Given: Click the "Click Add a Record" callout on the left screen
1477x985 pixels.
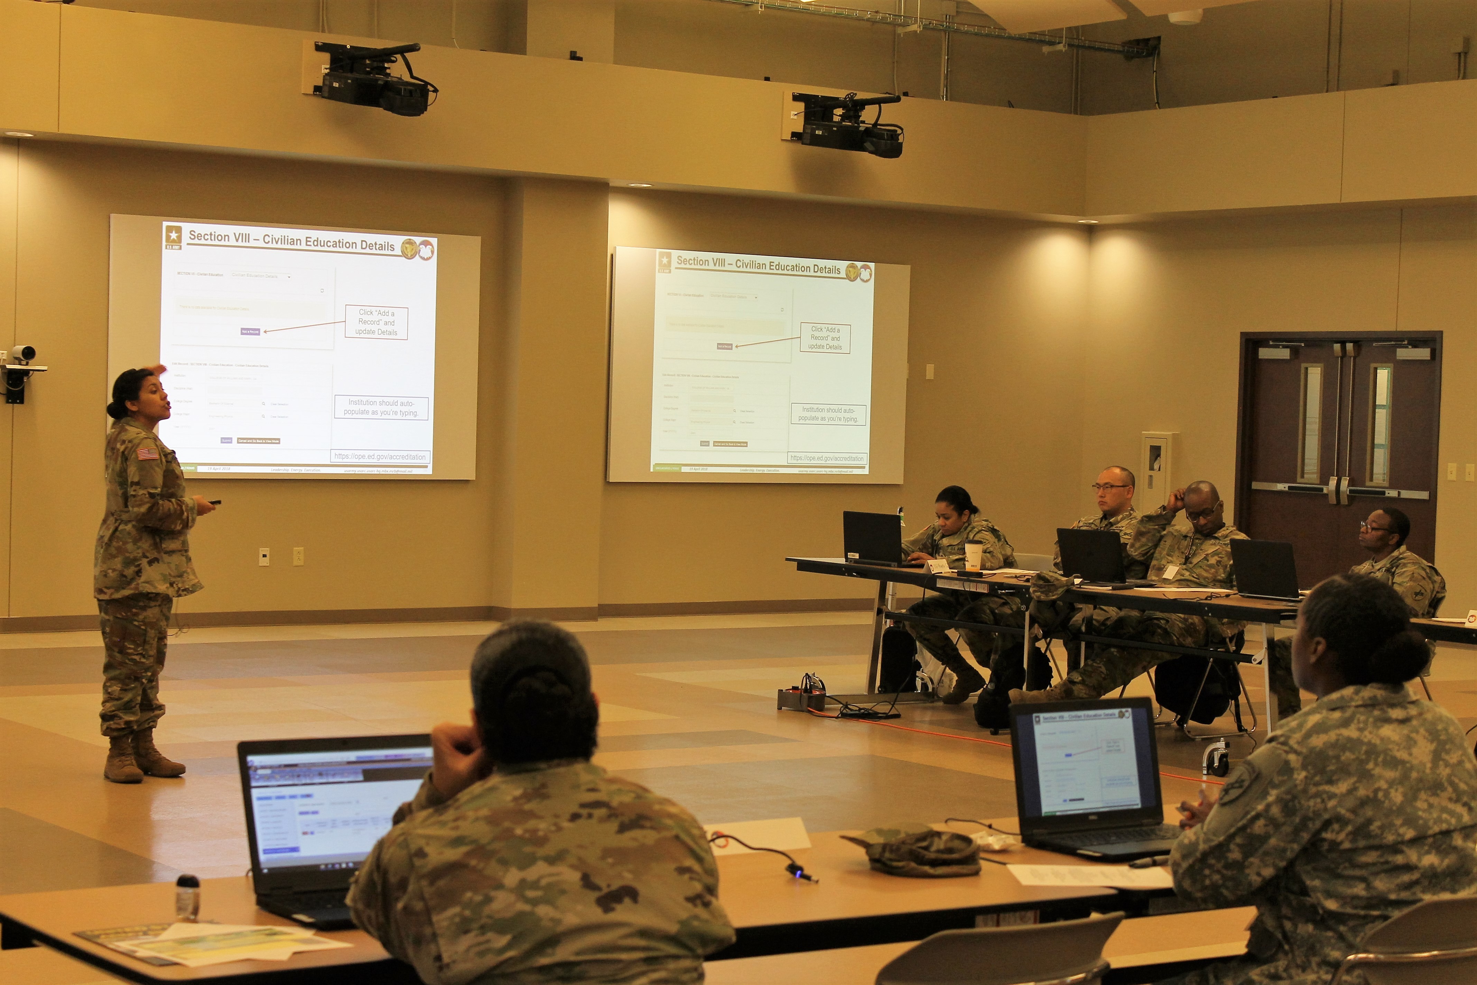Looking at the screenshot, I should (x=376, y=322).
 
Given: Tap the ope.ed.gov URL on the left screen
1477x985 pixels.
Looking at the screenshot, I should (x=380, y=457).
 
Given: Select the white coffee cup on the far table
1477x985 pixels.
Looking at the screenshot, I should (x=973, y=555).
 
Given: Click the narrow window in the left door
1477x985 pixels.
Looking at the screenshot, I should (x=1311, y=415).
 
